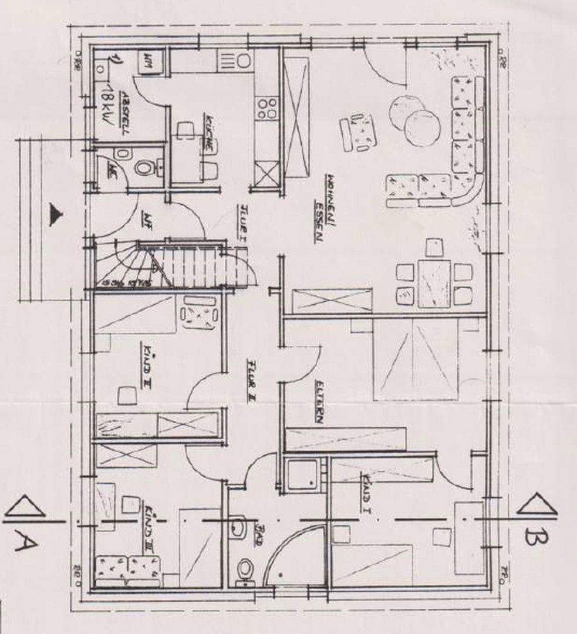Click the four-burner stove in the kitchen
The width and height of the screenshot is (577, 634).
pyautogui.click(x=267, y=109)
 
